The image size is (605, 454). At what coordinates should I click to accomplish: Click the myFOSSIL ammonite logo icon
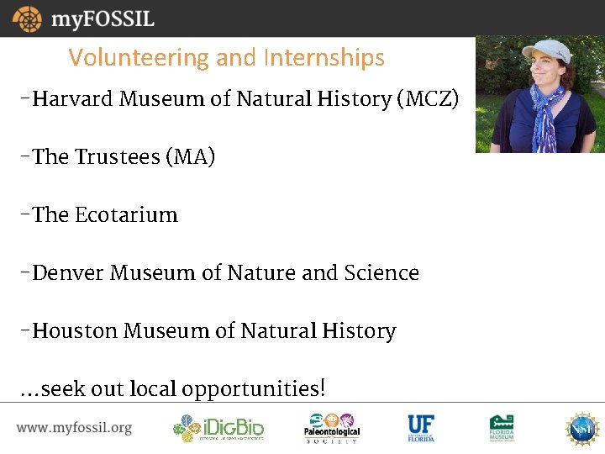click(x=27, y=18)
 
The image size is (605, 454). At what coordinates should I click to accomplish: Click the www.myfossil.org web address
click(x=74, y=428)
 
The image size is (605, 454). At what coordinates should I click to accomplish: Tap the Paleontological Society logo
click(x=331, y=428)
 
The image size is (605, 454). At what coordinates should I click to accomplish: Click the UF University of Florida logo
click(x=421, y=428)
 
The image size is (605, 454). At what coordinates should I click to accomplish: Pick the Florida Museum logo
click(x=502, y=428)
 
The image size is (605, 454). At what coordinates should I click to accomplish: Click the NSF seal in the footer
click(x=581, y=428)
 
